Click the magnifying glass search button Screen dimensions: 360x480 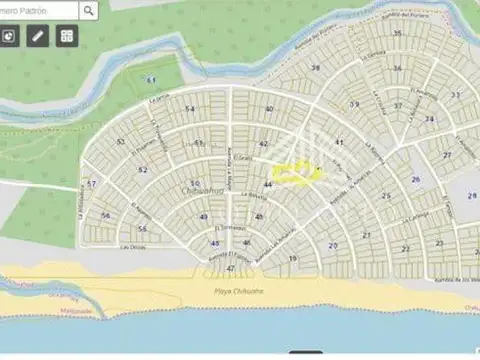(89, 11)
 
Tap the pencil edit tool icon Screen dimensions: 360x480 (38, 36)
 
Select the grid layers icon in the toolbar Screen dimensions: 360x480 (66, 36)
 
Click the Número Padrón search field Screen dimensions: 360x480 (38, 11)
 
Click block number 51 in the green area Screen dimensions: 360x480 (151, 79)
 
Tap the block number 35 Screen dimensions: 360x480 (397, 33)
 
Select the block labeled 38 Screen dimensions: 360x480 (315, 68)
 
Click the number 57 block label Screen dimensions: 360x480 (91, 184)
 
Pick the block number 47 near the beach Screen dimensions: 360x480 (230, 268)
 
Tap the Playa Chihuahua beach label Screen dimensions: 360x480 (237, 291)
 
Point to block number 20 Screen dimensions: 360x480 (333, 245)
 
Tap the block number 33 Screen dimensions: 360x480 (455, 95)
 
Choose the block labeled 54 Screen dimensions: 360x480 (190, 109)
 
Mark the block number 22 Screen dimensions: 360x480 (406, 248)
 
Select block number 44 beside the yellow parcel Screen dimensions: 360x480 (268, 185)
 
